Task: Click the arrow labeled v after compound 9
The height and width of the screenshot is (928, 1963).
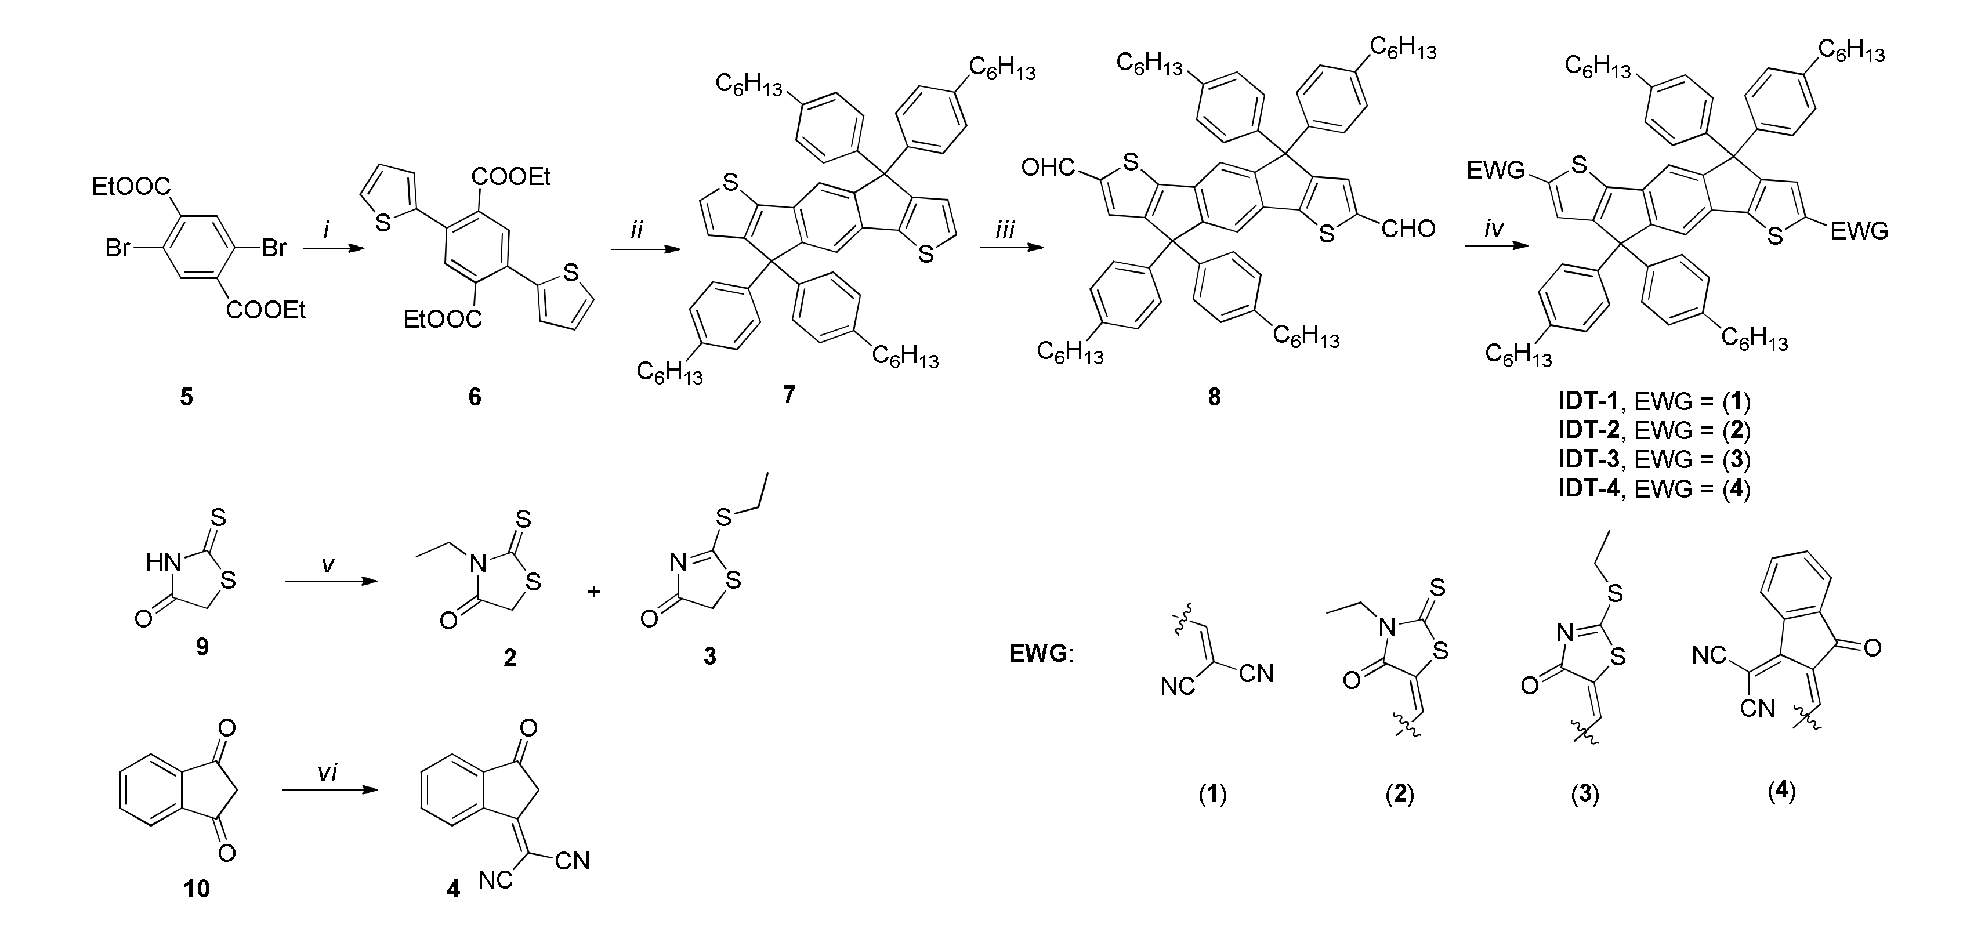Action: click(x=331, y=583)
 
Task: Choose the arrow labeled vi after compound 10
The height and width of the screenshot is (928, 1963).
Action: click(x=330, y=790)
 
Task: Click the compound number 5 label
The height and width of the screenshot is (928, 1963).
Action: click(x=186, y=396)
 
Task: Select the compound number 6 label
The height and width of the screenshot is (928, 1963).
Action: click(x=474, y=396)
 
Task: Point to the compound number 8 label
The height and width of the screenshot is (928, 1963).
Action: click(x=1214, y=396)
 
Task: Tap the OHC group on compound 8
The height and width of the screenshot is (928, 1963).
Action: click(x=1049, y=168)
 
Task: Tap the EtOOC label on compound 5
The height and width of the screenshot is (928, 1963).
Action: click(x=126, y=186)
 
